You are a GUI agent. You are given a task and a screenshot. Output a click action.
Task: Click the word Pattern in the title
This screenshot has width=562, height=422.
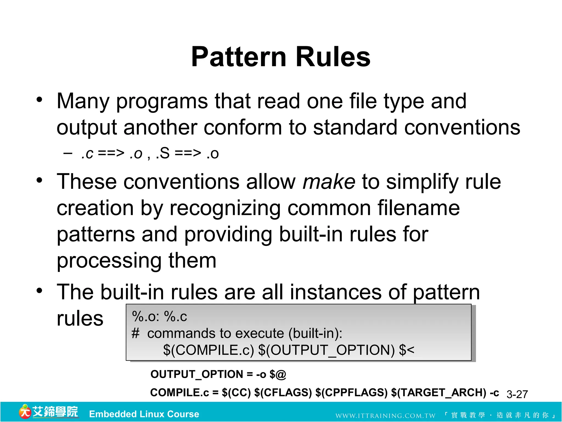238,57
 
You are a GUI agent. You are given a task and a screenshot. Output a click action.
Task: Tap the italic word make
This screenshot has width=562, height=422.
328,182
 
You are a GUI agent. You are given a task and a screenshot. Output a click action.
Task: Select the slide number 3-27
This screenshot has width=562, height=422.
517,394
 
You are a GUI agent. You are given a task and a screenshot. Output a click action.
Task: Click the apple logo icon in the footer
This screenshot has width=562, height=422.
25,412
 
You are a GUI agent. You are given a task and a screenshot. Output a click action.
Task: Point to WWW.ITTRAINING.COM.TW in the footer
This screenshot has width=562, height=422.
385,415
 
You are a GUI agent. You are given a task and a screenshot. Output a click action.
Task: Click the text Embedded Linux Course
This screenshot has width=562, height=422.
144,414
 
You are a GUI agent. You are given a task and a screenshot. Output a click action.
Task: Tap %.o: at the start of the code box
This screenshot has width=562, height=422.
146,316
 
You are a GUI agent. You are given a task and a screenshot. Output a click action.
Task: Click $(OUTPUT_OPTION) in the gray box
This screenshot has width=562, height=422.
327,350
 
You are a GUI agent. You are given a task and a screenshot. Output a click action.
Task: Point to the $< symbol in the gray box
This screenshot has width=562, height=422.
407,350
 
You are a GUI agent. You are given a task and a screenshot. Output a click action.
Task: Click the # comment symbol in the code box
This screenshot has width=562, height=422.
135,333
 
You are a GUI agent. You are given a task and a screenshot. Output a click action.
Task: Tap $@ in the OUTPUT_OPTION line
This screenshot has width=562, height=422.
278,374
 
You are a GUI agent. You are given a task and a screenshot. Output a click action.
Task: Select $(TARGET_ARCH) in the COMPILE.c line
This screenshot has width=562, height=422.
439,392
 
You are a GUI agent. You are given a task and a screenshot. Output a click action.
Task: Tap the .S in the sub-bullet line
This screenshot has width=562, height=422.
162,153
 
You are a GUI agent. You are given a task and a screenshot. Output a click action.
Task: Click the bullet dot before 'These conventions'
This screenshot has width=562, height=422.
40,181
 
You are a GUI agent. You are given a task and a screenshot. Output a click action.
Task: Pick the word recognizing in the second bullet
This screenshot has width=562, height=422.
225,208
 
